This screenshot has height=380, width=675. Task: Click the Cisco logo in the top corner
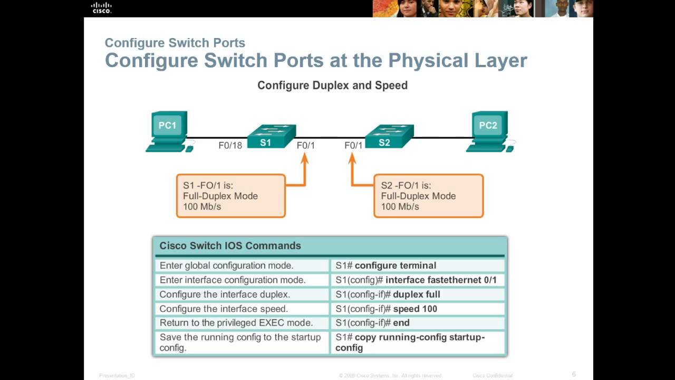101,7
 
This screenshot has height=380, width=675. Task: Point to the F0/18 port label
230,145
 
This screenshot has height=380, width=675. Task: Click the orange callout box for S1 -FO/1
230,196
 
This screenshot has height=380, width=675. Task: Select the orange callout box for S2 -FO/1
428,196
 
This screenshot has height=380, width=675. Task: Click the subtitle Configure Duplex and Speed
332,85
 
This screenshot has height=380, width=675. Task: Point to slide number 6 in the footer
574,374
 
